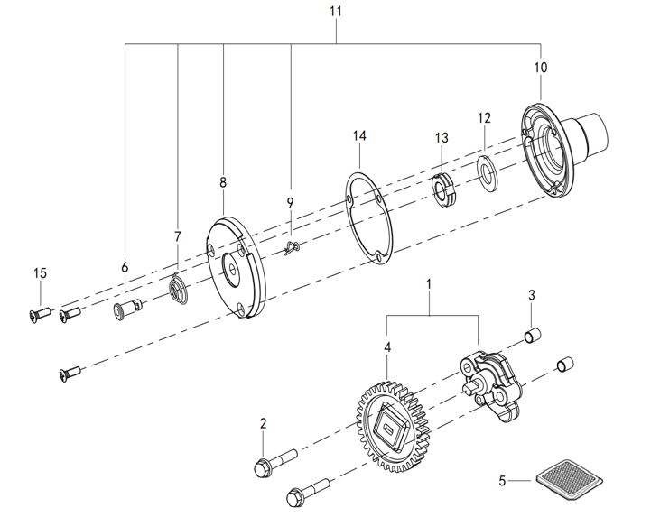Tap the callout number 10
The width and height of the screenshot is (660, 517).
[540, 68]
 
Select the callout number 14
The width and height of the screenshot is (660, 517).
[359, 136]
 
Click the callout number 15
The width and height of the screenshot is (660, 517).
[39, 273]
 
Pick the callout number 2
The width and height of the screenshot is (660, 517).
[263, 423]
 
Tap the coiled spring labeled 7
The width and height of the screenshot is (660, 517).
[179, 291]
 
